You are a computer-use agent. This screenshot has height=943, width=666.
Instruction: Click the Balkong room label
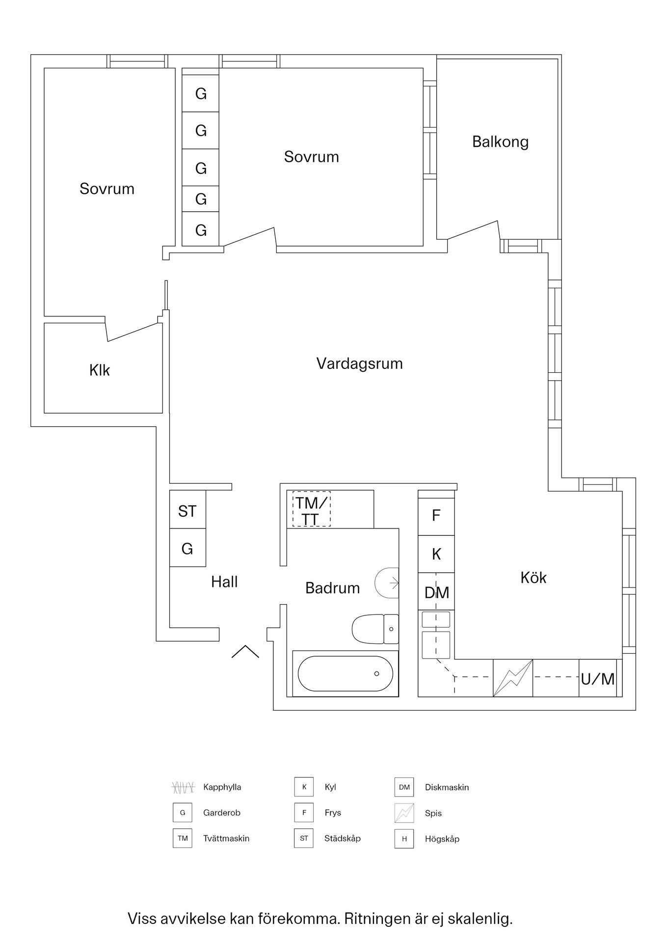500,142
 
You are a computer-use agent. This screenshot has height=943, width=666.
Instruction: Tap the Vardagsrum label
359,364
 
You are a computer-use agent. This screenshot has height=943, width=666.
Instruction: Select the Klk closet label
100,370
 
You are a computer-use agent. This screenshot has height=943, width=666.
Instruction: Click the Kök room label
533,578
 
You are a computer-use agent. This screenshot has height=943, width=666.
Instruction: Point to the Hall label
224,582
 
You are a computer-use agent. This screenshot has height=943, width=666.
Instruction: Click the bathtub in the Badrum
345,673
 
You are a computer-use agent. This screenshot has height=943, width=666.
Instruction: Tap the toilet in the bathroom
375,629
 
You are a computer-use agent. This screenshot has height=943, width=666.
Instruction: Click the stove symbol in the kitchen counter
512,678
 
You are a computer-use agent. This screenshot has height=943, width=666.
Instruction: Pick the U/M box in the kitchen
597,679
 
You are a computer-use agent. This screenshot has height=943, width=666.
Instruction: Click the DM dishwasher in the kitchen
436,593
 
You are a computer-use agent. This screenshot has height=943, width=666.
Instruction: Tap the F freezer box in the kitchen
436,516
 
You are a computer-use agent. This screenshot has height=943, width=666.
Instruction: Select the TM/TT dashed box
311,509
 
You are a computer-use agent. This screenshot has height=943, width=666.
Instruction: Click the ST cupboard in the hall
187,511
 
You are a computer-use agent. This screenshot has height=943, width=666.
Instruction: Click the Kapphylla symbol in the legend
183,787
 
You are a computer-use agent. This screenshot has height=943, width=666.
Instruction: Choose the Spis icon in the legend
404,813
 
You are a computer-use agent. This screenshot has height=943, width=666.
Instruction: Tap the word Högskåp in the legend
442,839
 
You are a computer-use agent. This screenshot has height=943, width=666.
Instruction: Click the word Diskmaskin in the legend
447,787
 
